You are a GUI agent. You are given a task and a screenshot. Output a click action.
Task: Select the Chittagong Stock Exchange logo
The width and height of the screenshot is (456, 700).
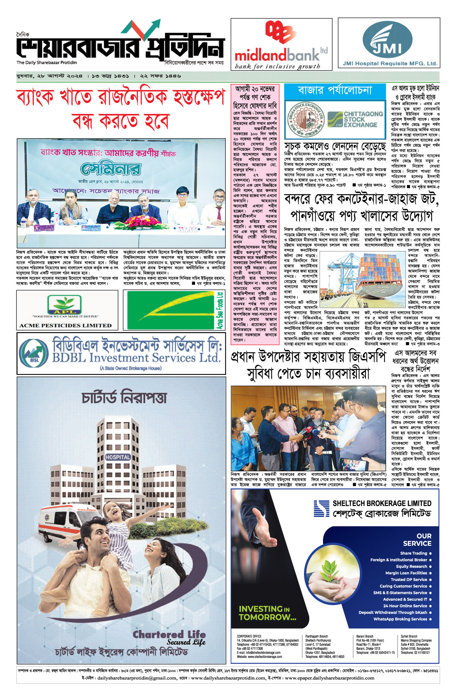(x=355, y=119)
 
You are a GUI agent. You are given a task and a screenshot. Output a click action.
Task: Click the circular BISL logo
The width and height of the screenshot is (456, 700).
(x=34, y=353)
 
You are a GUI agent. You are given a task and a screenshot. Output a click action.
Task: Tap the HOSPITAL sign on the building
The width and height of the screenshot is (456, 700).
(x=118, y=457)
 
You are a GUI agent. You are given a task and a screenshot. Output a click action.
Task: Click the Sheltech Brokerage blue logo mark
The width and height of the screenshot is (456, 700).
(x=321, y=509)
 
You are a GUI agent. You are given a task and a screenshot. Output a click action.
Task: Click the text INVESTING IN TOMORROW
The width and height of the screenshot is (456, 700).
(x=267, y=613)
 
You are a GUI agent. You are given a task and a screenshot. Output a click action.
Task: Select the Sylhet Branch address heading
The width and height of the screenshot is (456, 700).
(x=409, y=636)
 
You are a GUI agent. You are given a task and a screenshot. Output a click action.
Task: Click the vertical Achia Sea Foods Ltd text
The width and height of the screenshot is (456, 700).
(x=220, y=310)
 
